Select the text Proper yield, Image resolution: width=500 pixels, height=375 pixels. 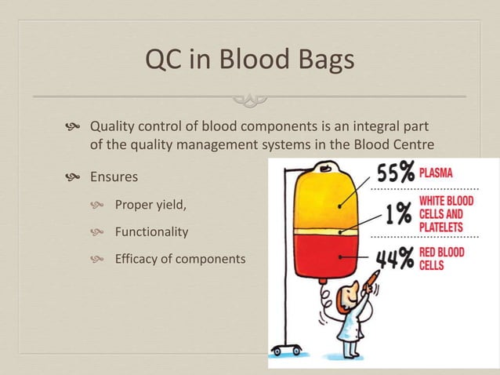[151, 206]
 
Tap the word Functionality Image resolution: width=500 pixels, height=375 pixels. [151, 232]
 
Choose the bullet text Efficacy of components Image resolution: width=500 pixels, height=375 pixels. [180, 259]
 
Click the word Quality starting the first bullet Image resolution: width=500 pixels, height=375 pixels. [112, 126]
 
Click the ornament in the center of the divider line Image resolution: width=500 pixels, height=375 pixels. [250, 98]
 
